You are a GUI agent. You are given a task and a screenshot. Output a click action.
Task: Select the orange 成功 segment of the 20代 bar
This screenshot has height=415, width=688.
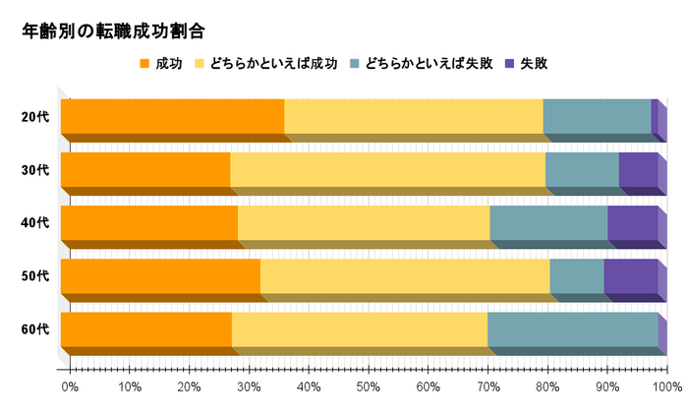172,116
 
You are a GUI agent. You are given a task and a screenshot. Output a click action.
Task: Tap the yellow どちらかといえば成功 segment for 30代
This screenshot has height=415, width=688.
387,169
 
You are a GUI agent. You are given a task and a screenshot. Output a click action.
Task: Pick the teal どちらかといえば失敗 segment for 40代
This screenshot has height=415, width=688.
547,222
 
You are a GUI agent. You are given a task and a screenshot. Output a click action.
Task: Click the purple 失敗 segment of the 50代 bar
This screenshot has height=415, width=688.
630,275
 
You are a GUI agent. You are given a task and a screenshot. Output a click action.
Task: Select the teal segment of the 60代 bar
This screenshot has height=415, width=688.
572,328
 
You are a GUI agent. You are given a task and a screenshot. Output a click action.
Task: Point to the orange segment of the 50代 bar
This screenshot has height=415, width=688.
160,275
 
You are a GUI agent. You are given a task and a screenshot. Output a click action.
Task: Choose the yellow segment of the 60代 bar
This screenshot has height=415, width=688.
359,328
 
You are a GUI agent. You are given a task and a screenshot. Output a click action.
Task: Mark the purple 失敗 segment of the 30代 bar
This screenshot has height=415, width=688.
638,169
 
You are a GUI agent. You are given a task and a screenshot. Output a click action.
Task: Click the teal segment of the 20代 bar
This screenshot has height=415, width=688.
597,116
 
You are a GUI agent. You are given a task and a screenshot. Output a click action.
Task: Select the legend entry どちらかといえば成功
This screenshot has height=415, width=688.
266,64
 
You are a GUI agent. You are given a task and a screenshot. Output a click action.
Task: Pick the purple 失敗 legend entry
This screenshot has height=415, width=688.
526,64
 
